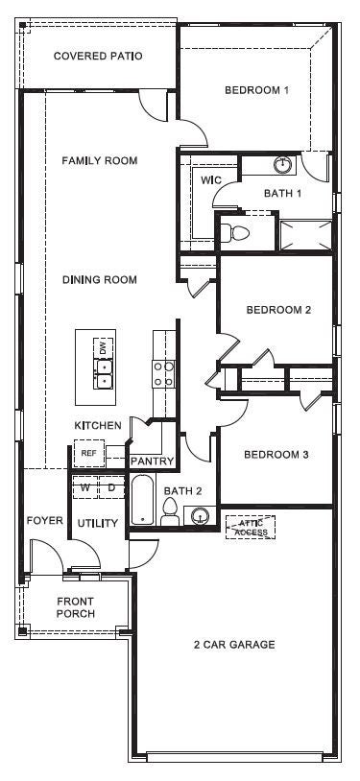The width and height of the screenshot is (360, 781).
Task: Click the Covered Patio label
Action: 98,57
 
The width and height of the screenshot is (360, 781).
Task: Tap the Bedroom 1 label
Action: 256,91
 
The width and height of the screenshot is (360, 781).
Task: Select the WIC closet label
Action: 211,179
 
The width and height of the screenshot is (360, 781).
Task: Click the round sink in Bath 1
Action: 283,165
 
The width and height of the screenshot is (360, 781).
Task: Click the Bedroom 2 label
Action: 278,310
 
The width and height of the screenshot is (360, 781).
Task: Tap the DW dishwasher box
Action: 101,346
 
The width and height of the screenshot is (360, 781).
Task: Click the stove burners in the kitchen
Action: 163,372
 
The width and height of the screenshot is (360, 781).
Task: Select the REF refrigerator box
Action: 88,453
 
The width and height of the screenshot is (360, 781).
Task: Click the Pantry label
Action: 152,461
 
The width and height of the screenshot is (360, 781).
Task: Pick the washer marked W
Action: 85,488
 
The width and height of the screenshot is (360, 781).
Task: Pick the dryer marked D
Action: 110,488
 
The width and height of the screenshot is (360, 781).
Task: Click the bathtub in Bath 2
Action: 142,501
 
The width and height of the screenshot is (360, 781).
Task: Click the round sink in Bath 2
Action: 200,516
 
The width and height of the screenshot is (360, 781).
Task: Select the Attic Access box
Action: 251,527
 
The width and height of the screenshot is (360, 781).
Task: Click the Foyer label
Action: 44,521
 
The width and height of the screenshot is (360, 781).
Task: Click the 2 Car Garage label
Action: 234,645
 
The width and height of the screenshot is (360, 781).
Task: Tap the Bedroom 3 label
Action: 276,455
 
